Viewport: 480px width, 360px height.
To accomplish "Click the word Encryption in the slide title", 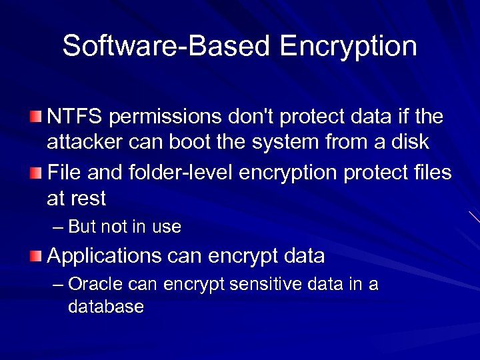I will pyautogui.click(x=348, y=46).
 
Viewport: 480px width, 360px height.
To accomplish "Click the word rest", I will pyautogui.click(x=87, y=199).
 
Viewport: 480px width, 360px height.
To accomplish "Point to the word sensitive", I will pyautogui.click(x=267, y=285).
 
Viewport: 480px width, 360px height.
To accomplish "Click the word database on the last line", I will pyautogui.click(x=105, y=307).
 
